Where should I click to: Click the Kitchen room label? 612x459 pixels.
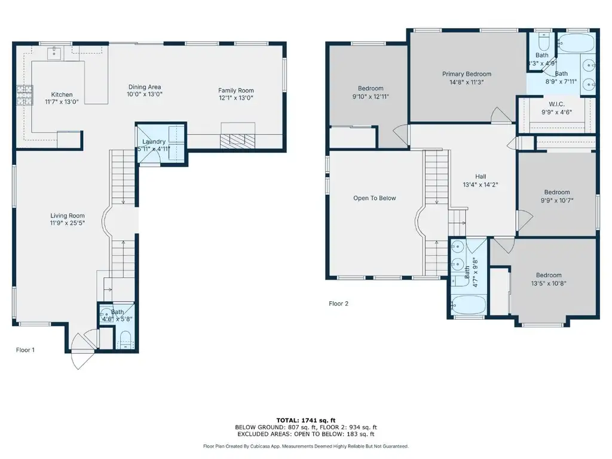click(62, 94)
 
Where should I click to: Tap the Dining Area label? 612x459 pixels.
click(145, 87)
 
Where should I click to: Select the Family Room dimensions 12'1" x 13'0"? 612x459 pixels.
click(235, 98)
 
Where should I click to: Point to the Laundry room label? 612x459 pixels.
click(154, 142)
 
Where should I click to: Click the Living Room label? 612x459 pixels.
click(68, 215)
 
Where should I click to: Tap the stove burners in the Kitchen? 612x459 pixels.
click(24, 95)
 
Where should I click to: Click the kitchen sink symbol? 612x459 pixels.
click(54, 53)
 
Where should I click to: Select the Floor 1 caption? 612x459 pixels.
click(25, 350)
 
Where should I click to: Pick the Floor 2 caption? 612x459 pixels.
click(338, 303)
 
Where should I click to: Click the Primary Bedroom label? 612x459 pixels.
click(466, 74)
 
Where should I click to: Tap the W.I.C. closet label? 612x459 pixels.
click(556, 104)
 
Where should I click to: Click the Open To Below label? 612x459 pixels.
click(375, 198)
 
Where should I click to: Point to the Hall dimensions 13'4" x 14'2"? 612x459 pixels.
click(481, 185)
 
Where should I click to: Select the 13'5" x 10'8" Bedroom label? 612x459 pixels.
click(549, 275)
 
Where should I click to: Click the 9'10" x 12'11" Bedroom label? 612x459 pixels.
click(371, 88)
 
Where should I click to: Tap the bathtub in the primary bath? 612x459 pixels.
click(576, 43)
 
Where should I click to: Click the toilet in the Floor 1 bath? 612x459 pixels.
click(126, 340)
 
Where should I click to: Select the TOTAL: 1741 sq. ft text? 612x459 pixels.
click(306, 420)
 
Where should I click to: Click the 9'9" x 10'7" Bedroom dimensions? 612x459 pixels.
click(557, 201)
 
